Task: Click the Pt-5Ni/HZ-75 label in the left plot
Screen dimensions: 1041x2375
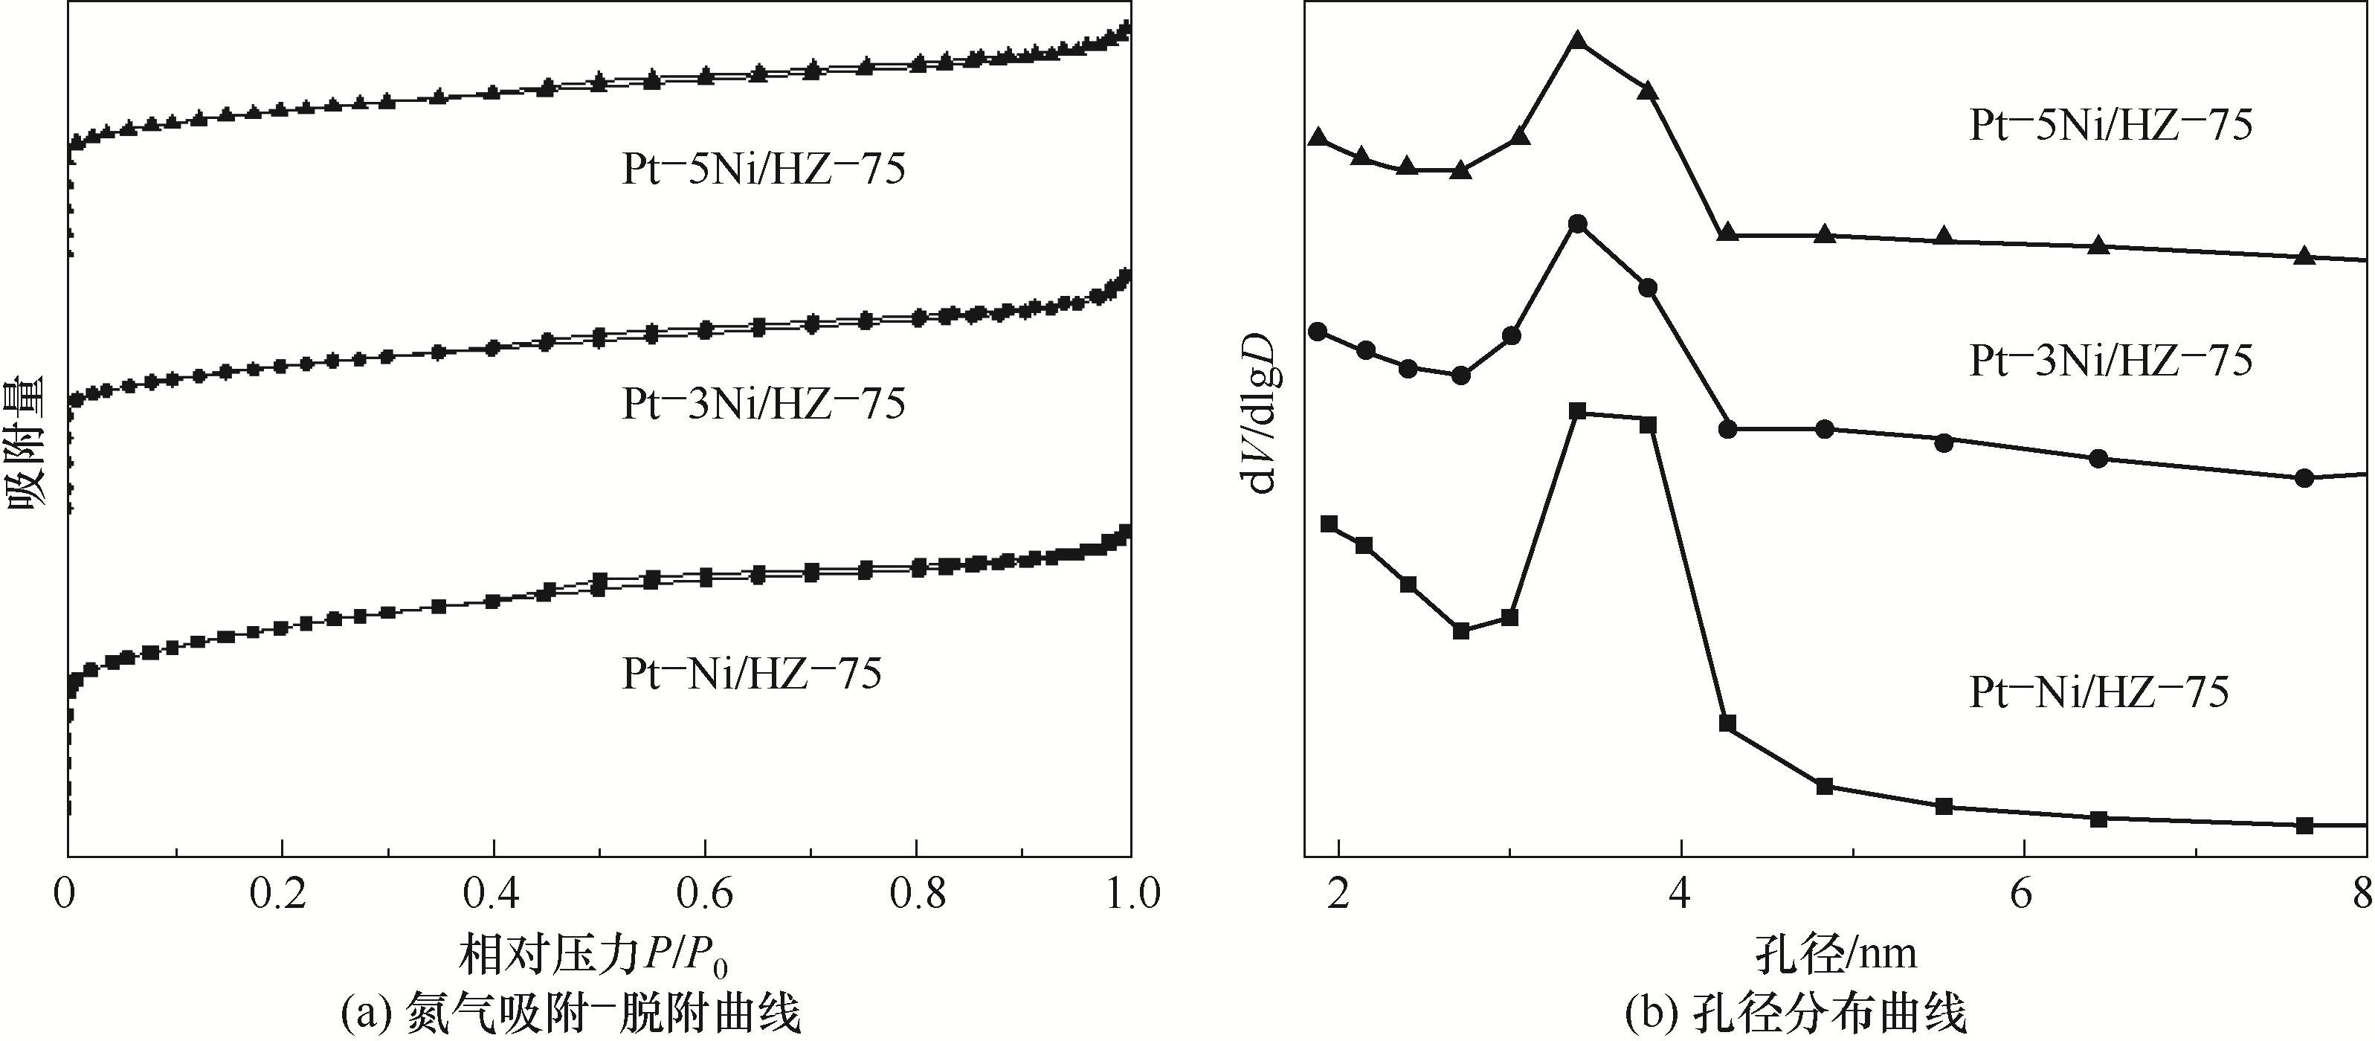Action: click(x=764, y=170)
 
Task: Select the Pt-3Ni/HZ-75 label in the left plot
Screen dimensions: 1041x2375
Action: click(x=764, y=404)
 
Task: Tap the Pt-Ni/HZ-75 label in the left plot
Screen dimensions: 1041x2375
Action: click(x=752, y=674)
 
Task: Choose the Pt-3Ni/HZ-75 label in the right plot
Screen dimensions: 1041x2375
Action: click(x=2110, y=361)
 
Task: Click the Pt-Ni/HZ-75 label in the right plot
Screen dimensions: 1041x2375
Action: click(x=2098, y=692)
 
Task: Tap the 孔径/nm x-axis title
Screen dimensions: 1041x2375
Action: click(x=1834, y=953)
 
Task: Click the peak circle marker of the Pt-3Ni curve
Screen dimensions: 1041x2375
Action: click(x=1577, y=224)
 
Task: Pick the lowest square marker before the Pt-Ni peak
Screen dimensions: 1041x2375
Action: click(x=1460, y=631)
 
